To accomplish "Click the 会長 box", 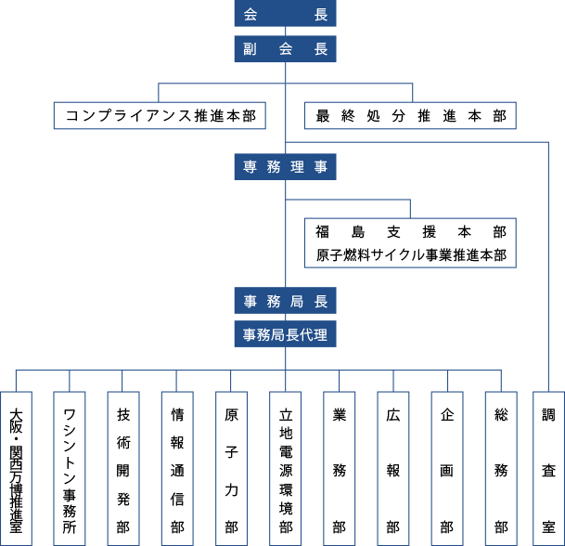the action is tap(285, 13).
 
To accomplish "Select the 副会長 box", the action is tap(285, 48).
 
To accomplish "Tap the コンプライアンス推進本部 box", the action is tap(160, 115).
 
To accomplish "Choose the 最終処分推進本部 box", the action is tap(410, 115).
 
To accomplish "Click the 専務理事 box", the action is tap(285, 166).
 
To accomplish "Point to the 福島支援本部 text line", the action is tap(411, 231).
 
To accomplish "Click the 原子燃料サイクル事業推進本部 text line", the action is tap(411, 255).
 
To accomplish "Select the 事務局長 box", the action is tap(285, 301).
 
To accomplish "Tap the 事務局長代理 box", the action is tap(285, 334).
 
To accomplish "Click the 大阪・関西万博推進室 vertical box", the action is tap(16, 468).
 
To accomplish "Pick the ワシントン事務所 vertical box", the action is tap(70, 468).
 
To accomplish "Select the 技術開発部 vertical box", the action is tap(123, 468).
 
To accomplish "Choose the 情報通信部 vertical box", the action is tap(177, 468).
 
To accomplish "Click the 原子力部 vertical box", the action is tap(231, 468).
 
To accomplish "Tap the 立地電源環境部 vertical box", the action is tap(286, 468).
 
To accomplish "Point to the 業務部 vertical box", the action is tap(339, 468).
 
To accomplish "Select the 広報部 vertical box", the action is tap(393, 468).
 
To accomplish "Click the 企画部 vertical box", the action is tap(447, 468).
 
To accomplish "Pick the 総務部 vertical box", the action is tap(501, 468).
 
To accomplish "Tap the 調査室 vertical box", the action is tap(549, 468).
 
